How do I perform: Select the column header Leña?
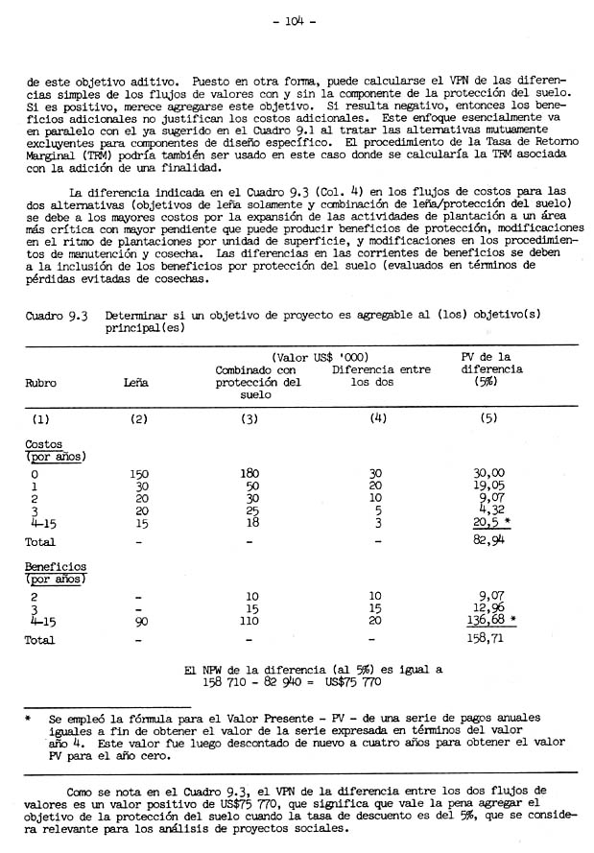pyautogui.click(x=137, y=382)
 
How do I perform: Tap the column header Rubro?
pyautogui.click(x=42, y=382)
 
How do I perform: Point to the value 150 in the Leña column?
pyautogui.click(x=140, y=473)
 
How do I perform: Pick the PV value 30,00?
pyautogui.click(x=489, y=473)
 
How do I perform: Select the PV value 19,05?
pyautogui.click(x=489, y=486)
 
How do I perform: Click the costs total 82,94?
pyautogui.click(x=489, y=542)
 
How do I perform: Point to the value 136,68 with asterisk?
pyautogui.click(x=487, y=620)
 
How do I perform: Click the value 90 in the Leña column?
pyautogui.click(x=140, y=621)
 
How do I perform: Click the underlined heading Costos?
pyautogui.click(x=44, y=445)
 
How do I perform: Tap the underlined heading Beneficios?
pyautogui.click(x=56, y=567)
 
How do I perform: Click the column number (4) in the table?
pyautogui.click(x=377, y=418)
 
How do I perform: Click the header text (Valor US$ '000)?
pyautogui.click(x=321, y=357)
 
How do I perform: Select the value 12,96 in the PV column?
pyautogui.click(x=489, y=607)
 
